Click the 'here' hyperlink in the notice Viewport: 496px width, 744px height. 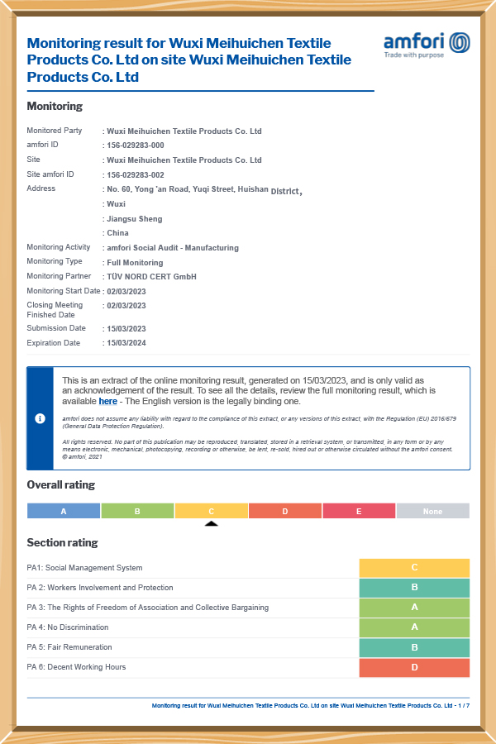pyautogui.click(x=107, y=402)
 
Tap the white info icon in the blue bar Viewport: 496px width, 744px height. pyautogui.click(x=40, y=418)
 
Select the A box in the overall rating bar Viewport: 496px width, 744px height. pyautogui.click(x=64, y=511)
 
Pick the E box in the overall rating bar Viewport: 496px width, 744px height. pyautogui.click(x=359, y=511)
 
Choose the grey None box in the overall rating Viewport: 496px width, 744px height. pyautogui.click(x=432, y=511)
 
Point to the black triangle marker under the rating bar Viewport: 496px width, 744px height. pyautogui.click(x=212, y=523)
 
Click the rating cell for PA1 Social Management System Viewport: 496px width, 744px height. pyautogui.click(x=414, y=568)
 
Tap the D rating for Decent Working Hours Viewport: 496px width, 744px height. pyautogui.click(x=414, y=667)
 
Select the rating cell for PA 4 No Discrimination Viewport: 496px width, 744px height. pyautogui.click(x=414, y=627)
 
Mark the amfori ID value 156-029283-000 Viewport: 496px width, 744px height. pyautogui.click(x=136, y=145)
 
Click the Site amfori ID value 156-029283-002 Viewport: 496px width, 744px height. pyautogui.click(x=136, y=175)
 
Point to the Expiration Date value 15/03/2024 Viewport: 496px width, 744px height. pyautogui.click(x=126, y=343)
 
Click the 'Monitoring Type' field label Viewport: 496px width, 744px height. pyautogui.click(x=54, y=262)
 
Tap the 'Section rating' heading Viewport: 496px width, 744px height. pyautogui.click(x=62, y=543)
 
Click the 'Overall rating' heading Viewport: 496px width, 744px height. pyautogui.click(x=60, y=485)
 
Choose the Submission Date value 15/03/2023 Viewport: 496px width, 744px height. pyautogui.click(x=126, y=329)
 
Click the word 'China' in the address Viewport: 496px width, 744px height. pyautogui.click(x=117, y=234)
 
